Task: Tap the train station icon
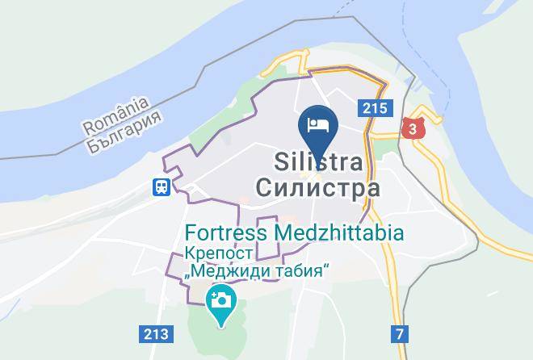coord(162,186)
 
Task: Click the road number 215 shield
coord(375,107)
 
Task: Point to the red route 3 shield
coord(413,128)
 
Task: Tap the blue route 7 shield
coord(400,333)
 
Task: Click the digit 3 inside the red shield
coord(413,128)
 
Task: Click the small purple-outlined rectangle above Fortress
coord(267,220)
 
